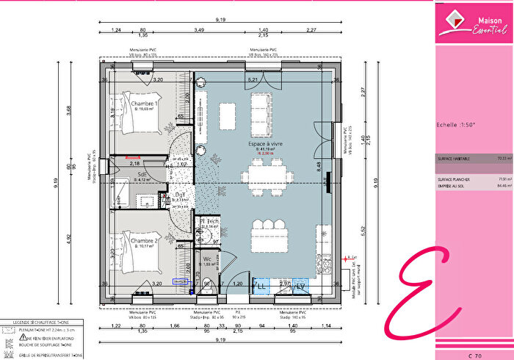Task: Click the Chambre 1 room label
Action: click(x=145, y=104)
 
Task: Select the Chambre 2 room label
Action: click(x=145, y=241)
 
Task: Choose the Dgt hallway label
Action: click(x=180, y=195)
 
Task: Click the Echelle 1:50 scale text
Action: click(x=456, y=125)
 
